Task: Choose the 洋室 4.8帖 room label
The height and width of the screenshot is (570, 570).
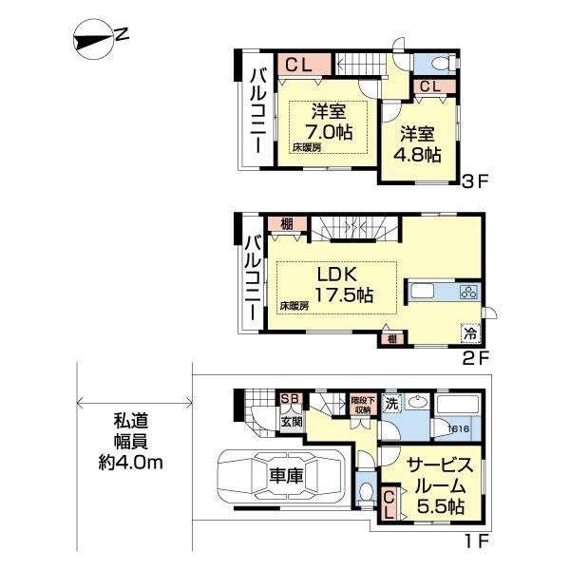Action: pyautogui.click(x=419, y=142)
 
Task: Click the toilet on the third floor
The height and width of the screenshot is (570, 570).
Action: pyautogui.click(x=438, y=62)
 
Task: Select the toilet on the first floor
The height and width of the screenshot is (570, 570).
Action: pyautogui.click(x=367, y=492)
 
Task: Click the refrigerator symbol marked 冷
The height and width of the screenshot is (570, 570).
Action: pyautogui.click(x=469, y=334)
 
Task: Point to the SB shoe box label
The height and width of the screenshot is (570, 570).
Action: pyautogui.click(x=289, y=400)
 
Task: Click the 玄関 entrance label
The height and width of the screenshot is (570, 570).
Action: pyautogui.click(x=291, y=420)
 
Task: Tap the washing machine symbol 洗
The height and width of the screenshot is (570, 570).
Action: pyautogui.click(x=391, y=404)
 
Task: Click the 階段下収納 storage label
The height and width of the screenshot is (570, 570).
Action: pyautogui.click(x=362, y=405)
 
